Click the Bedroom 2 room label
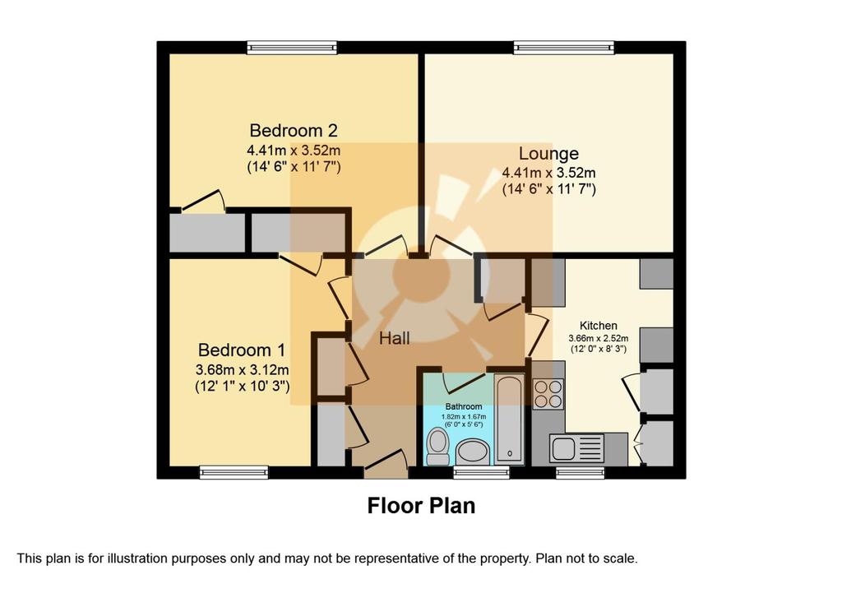(294, 131)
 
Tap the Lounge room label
(548, 154)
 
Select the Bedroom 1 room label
(242, 350)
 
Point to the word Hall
(395, 338)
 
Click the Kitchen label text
(599, 326)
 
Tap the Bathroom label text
(464, 406)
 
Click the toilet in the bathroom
(438, 448)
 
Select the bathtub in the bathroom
(509, 419)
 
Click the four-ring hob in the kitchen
(548, 394)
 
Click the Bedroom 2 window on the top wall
(293, 48)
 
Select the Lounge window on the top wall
(564, 48)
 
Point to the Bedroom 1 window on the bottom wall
(234, 472)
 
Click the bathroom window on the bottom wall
(481, 472)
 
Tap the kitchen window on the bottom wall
(581, 472)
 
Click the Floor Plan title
(421, 506)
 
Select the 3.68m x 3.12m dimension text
(243, 369)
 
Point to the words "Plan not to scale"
(587, 559)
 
